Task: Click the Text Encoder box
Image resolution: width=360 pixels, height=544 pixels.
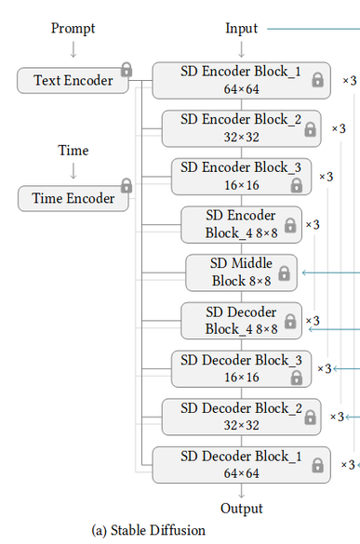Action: pyautogui.click(x=73, y=81)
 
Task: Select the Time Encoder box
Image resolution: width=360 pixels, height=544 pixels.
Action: pyautogui.click(x=73, y=198)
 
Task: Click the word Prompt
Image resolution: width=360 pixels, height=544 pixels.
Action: pyautogui.click(x=73, y=29)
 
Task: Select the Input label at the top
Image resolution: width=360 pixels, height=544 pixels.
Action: pyautogui.click(x=242, y=29)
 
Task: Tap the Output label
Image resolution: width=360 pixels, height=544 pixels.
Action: pyautogui.click(x=242, y=509)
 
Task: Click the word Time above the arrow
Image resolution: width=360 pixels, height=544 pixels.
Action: pyautogui.click(x=73, y=151)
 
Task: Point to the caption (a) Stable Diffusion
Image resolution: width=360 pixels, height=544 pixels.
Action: pyautogui.click(x=149, y=531)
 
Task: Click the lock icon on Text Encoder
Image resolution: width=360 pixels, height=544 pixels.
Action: pyautogui.click(x=127, y=70)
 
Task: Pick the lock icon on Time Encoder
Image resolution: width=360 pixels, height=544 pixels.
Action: pyautogui.click(x=127, y=186)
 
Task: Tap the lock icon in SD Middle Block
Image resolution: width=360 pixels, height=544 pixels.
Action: pyautogui.click(x=285, y=273)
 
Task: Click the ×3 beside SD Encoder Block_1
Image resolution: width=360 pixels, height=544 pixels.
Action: pyautogui.click(x=349, y=81)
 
